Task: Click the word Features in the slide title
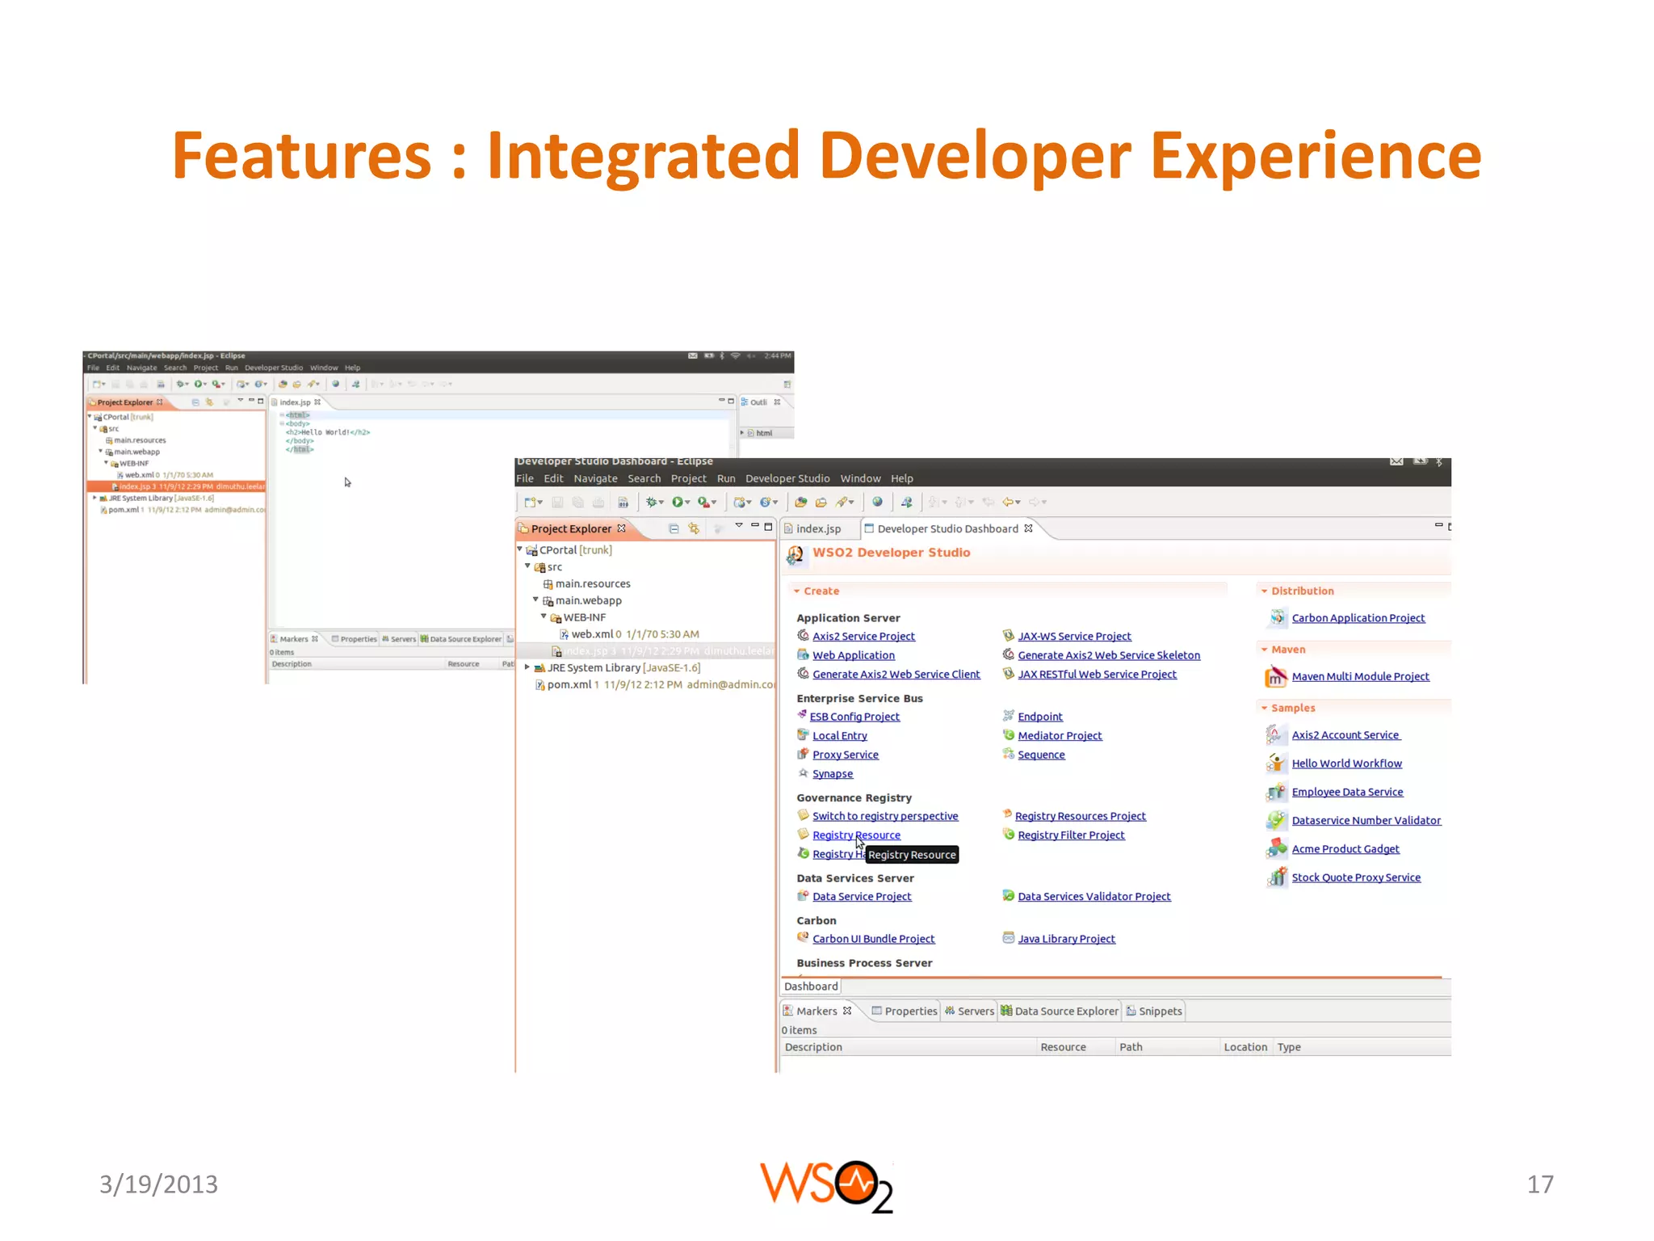tap(301, 155)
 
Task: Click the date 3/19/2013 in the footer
tap(158, 1184)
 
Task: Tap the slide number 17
tap(1539, 1184)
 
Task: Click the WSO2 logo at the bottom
tap(825, 1186)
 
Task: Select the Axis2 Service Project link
tap(863, 637)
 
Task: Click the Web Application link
tap(853, 655)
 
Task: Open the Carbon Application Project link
tap(1358, 618)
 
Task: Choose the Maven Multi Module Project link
tap(1360, 677)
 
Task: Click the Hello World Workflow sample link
tap(1346, 764)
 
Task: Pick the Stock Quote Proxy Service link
tap(1355, 877)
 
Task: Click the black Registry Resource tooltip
tap(912, 855)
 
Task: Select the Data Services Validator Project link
tap(1094, 897)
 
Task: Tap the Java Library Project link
tap(1066, 939)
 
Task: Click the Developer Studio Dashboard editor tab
tap(947, 529)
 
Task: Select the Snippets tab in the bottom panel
tap(1160, 1012)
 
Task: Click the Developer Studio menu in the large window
tap(787, 478)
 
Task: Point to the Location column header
tap(1245, 1047)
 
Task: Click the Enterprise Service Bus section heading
tap(859, 699)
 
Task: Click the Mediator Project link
tap(1060, 736)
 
